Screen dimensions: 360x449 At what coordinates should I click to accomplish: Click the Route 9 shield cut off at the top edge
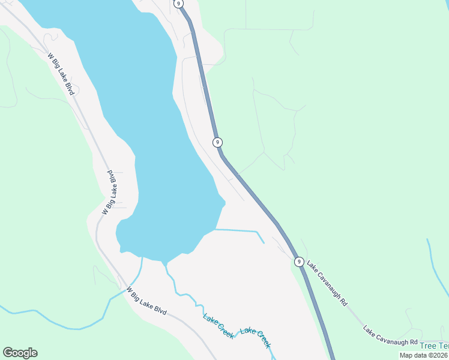[x=179, y=3]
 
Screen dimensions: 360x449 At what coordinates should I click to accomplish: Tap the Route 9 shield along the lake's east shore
[x=217, y=142]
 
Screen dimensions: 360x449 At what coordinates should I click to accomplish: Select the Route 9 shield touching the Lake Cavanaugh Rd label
[x=299, y=262]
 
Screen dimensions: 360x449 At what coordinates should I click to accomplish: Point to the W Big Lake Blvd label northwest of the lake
[x=61, y=73]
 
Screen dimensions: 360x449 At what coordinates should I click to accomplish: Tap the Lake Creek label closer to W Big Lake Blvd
[x=218, y=326]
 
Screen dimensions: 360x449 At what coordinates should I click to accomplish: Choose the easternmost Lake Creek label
[x=256, y=338]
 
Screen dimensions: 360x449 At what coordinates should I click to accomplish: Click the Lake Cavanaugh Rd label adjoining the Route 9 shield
[x=328, y=283]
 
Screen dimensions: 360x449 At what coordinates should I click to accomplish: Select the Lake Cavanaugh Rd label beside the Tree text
[x=390, y=337]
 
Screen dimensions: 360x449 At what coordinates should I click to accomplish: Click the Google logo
[x=20, y=353]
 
